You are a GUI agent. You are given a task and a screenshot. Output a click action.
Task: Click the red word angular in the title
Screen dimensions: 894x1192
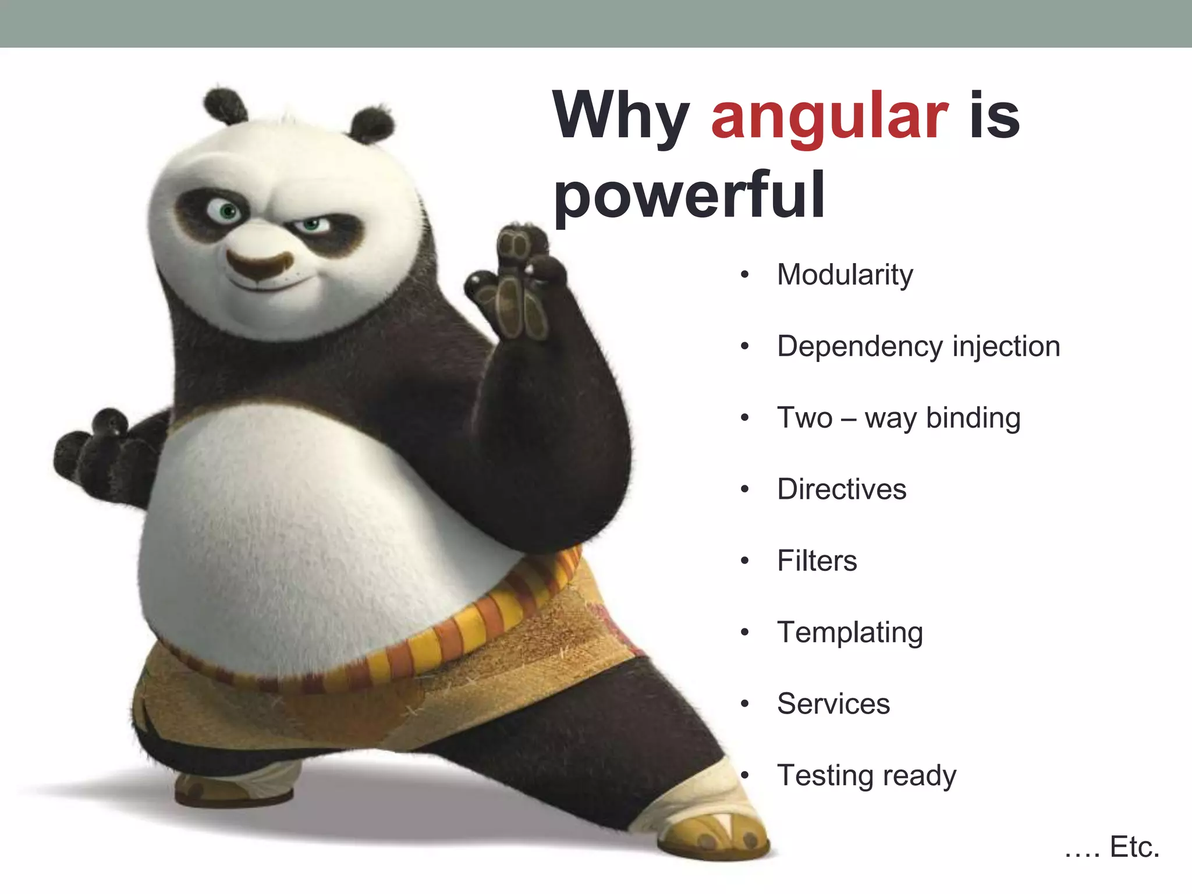[830, 116]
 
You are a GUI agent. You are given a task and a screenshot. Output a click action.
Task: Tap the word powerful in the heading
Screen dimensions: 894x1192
[689, 195]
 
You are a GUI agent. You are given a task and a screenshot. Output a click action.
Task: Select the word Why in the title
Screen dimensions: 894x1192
[621, 116]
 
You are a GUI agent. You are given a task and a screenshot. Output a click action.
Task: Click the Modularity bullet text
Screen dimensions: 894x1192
[845, 275]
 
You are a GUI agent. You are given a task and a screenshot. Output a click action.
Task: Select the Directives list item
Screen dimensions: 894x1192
[842, 489]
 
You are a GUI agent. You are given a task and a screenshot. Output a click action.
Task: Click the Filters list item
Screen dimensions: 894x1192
[817, 560]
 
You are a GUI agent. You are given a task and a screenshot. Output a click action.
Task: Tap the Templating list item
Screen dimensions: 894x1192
[850, 633]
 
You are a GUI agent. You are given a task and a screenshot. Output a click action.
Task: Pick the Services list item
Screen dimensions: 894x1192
[833, 704]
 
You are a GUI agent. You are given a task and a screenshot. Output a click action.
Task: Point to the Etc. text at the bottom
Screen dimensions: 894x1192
[1134, 847]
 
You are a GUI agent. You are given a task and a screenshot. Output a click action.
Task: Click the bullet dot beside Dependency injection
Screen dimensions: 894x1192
[744, 347]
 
